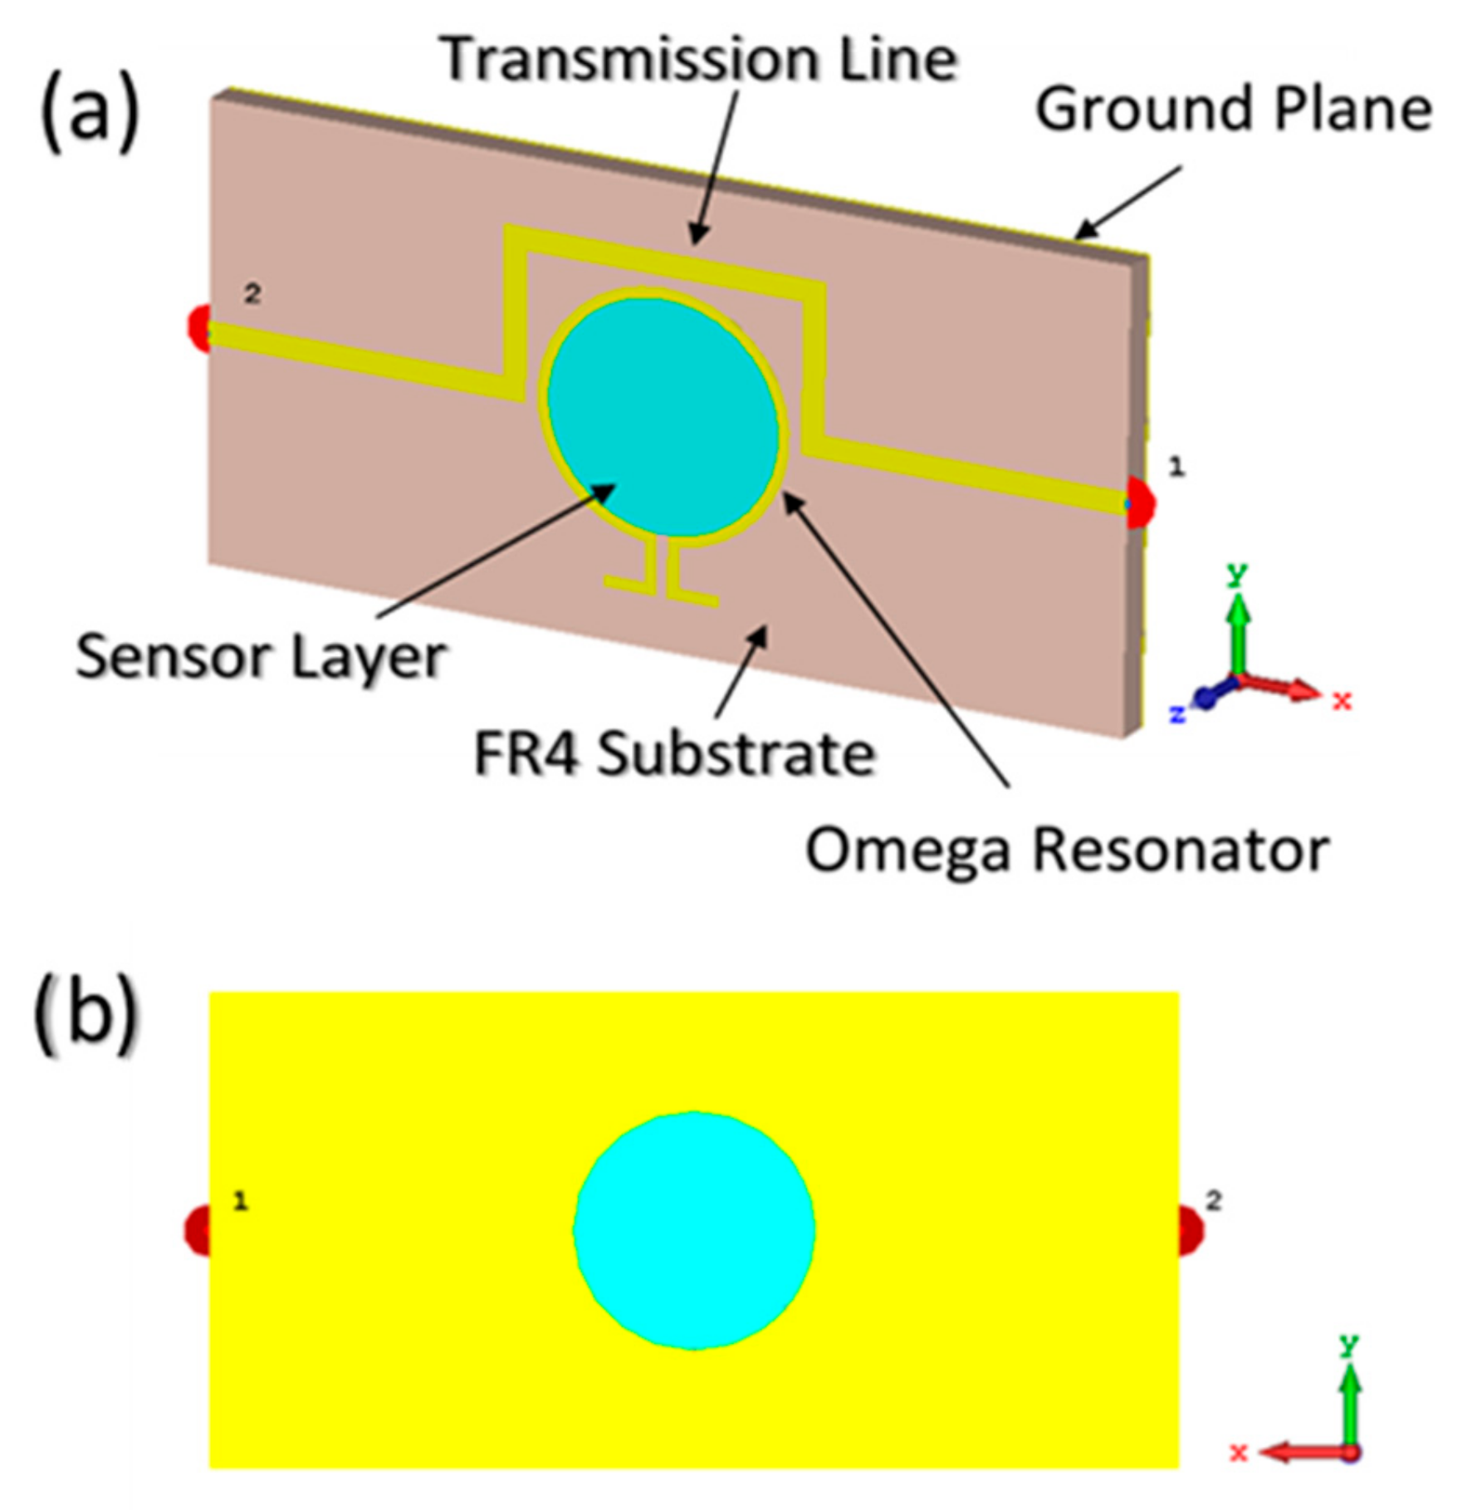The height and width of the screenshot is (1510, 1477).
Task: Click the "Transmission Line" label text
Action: pos(699,60)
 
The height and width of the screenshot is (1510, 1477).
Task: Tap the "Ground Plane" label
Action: pos(1233,110)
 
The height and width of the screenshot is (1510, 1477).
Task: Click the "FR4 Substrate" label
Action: pos(674,755)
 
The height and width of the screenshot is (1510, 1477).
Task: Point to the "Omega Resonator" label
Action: pos(1067,851)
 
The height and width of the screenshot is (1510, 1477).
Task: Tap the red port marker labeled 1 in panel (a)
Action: pos(1142,502)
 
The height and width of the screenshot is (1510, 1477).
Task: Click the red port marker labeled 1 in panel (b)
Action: pos(197,1231)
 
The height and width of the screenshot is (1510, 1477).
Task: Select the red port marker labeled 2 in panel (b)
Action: pos(1191,1231)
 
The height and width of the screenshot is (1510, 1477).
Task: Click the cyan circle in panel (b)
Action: pos(694,1231)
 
